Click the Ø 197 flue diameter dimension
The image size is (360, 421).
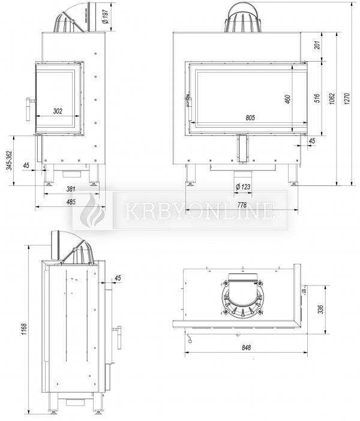click(106, 17)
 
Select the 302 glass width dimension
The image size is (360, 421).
click(58, 111)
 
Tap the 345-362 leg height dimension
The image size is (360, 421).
click(10, 160)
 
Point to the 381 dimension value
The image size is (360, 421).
click(71, 189)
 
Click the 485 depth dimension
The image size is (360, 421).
click(71, 202)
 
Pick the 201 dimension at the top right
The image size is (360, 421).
click(317, 45)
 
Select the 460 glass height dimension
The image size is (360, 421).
click(287, 100)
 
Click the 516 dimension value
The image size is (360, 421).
click(317, 98)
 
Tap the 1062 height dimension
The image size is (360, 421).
click(332, 99)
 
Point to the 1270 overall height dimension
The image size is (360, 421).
click(347, 98)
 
